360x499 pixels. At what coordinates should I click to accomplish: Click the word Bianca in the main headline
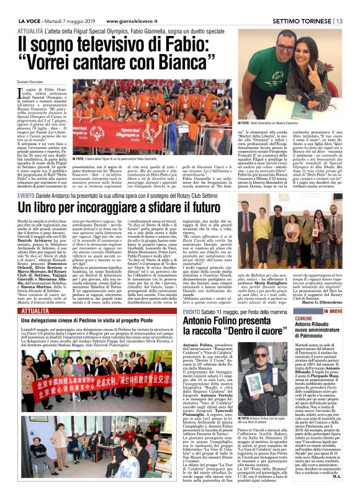[x=184, y=63]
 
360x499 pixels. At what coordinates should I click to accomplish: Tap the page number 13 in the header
[x=341, y=21]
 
